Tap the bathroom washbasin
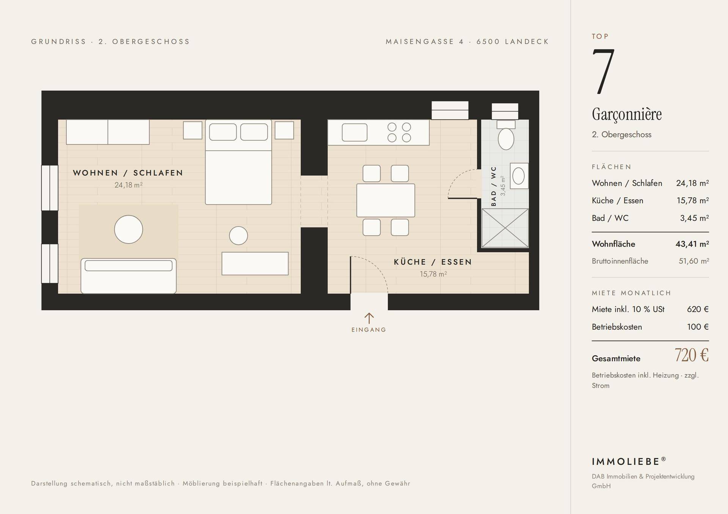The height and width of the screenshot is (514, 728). point(519,176)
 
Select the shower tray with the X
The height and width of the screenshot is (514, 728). point(505,228)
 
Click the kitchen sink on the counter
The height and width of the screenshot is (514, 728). point(355,133)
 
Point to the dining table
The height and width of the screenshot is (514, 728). point(386,200)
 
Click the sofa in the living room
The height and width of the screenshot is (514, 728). point(129,276)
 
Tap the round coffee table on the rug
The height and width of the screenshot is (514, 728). point(129,230)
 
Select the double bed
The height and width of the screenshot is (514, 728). point(238,162)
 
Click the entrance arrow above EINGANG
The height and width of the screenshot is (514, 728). point(369,318)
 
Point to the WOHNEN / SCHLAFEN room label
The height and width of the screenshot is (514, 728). point(128,173)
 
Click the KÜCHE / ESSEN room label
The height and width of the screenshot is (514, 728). point(433,262)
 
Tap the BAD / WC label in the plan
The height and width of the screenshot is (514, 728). point(494,186)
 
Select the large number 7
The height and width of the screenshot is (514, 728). point(603,71)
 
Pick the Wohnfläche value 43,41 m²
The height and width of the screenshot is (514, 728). point(692,244)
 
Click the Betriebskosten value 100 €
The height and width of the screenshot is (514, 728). point(698,327)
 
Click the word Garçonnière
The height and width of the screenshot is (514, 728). point(627,114)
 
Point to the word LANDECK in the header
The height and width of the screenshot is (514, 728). point(527,42)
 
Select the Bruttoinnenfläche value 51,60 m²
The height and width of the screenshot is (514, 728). point(694,261)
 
